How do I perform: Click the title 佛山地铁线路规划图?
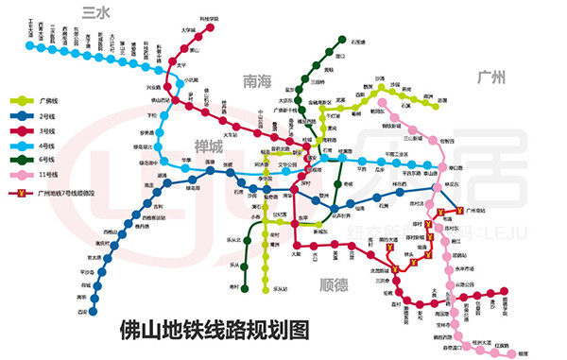point(215,331)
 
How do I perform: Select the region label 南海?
point(258,81)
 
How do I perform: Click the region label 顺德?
point(335,283)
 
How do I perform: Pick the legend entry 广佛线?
point(45,99)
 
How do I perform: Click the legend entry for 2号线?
point(45,114)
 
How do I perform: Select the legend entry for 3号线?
point(45,129)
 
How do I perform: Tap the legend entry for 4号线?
point(45,145)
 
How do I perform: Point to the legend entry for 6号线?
point(45,160)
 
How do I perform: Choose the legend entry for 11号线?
point(46,175)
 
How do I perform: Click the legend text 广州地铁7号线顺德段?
point(71,193)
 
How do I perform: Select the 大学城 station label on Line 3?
point(188,30)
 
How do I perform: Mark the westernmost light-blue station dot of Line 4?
point(20,42)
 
